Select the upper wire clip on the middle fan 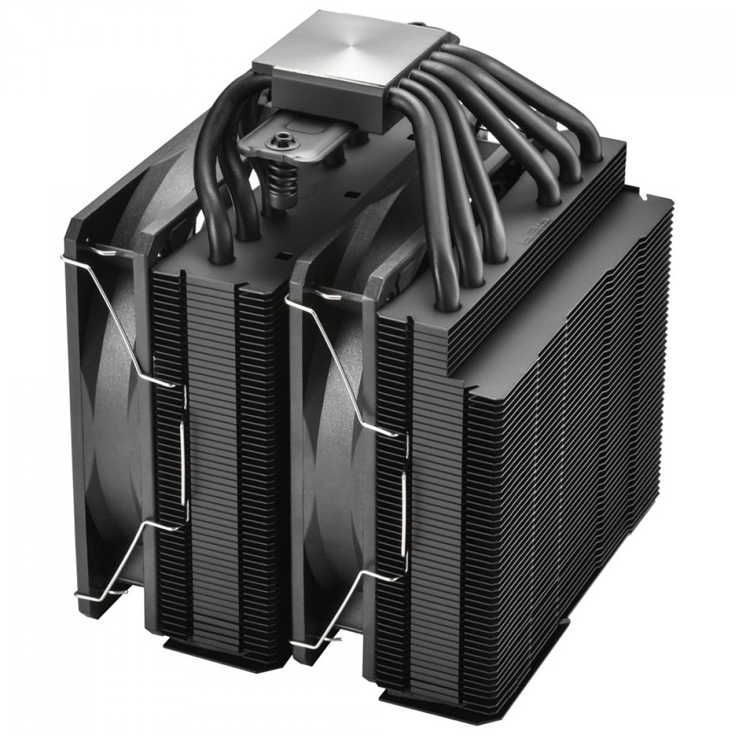pyautogui.click(x=343, y=367)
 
